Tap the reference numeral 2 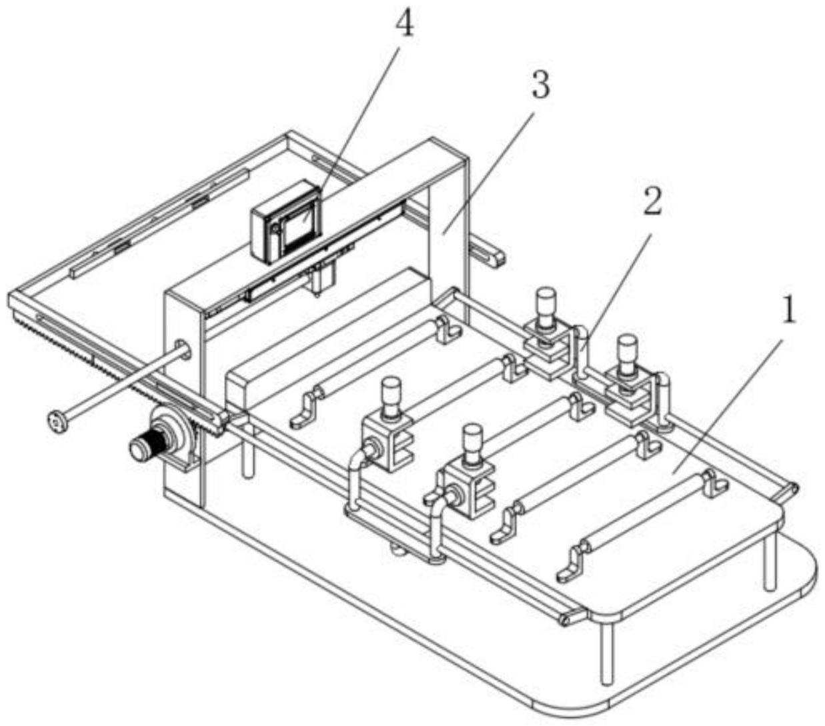[x=652, y=203]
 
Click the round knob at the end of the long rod [x=58, y=423]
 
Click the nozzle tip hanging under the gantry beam [x=315, y=293]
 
